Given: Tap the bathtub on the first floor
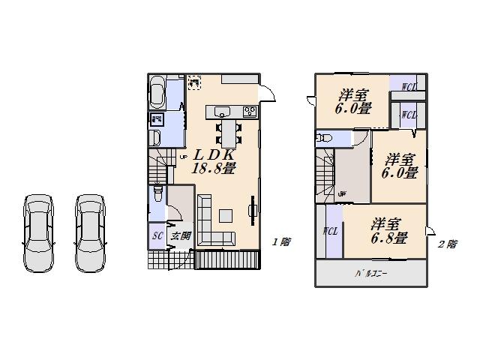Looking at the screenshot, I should [158, 92].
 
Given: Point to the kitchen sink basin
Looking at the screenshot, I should [223, 112].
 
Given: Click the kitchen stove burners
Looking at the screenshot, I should [249, 112].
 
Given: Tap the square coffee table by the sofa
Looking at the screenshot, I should [225, 216].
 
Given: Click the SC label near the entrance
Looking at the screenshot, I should [157, 235].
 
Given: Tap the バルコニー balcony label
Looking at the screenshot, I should [370, 274].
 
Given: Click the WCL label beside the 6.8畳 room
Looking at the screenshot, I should [330, 231].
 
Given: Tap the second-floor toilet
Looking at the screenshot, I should [325, 139].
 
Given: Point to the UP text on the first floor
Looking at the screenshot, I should [184, 156].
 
